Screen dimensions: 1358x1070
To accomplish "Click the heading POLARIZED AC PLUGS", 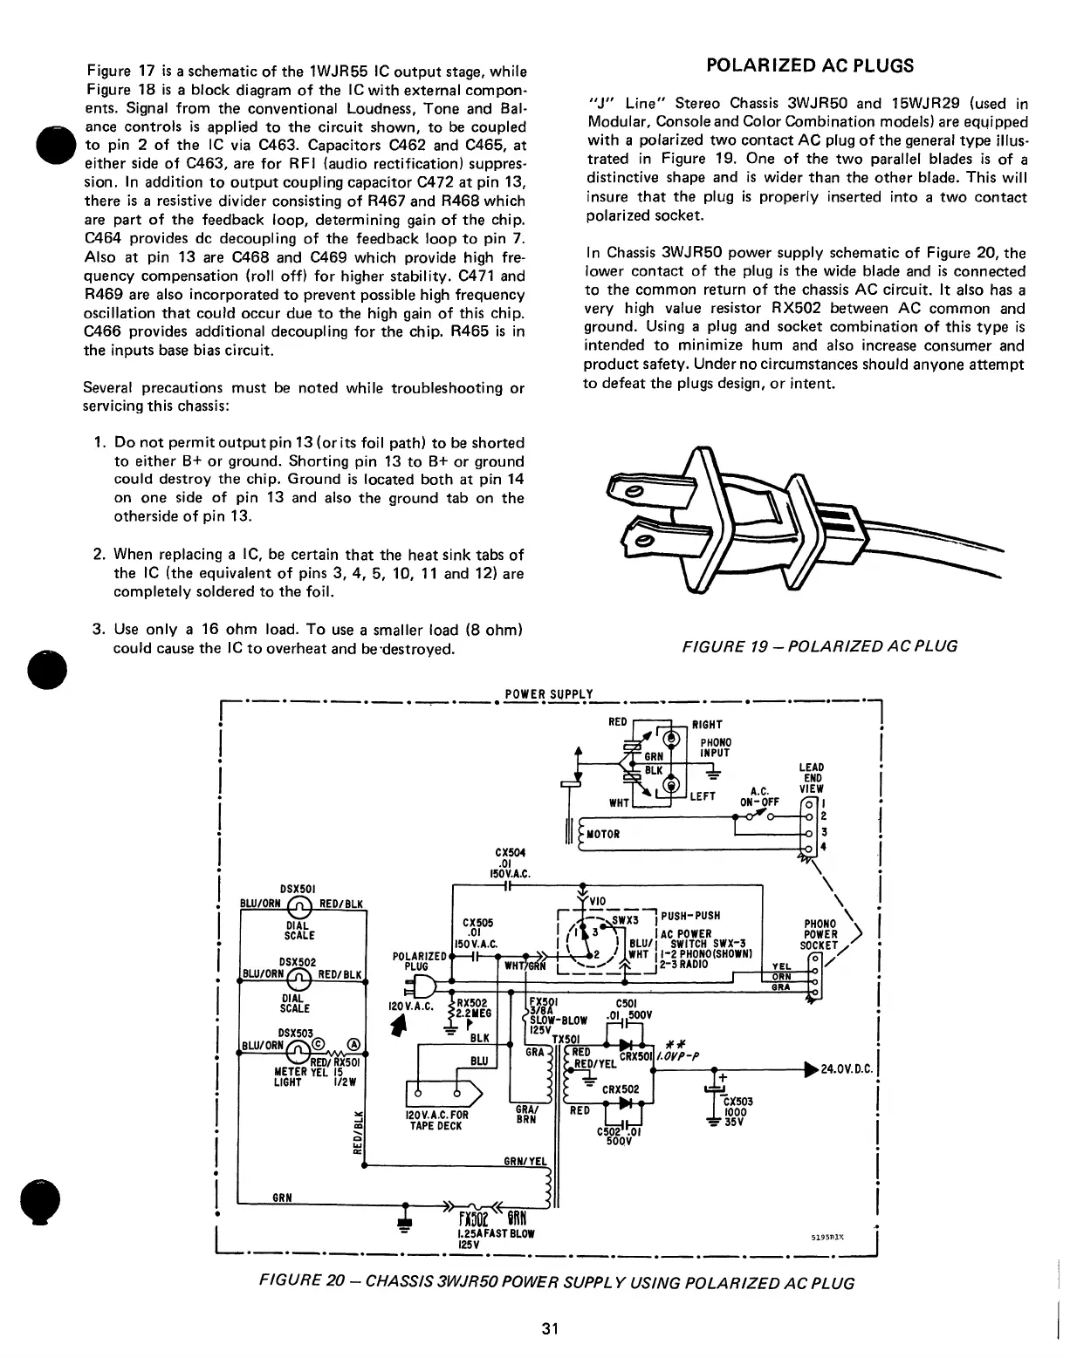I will (809, 65).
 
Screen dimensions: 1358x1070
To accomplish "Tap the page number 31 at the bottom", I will (549, 1329).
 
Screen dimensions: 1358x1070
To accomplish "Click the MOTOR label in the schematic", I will (603, 834).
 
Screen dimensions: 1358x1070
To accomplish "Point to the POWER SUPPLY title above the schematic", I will (549, 695).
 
